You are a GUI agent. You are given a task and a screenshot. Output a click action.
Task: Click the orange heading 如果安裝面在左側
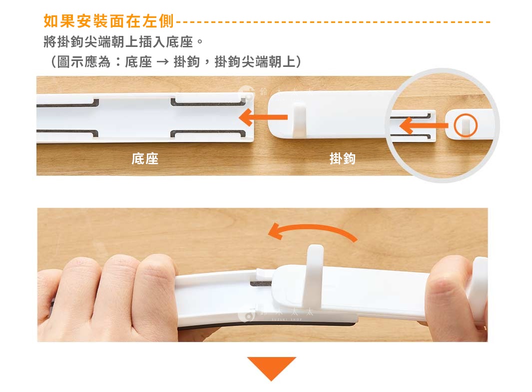click(109, 21)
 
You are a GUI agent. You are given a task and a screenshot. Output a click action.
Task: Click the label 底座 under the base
click(145, 159)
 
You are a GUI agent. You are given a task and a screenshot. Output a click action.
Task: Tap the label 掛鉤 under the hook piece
click(343, 159)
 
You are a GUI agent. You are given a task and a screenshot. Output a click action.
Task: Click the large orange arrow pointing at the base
click(263, 118)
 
